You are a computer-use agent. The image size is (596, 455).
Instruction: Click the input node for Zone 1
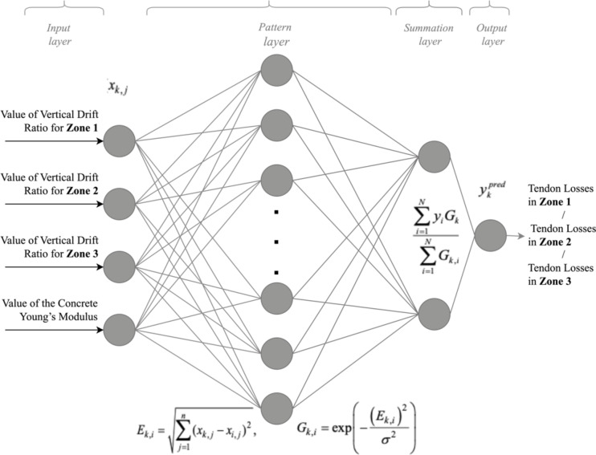pos(119,140)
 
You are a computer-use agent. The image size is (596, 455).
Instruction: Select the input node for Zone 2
pos(119,201)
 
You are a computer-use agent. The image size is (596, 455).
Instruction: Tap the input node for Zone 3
pos(119,265)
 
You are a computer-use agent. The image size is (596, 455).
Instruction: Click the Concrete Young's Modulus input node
pos(119,328)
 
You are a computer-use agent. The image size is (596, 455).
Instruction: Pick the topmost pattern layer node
pos(276,67)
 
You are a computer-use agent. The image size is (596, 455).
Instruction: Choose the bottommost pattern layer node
pos(276,408)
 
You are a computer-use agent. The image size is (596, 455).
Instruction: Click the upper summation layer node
pos(434,156)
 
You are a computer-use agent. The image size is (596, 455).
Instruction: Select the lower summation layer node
pos(434,311)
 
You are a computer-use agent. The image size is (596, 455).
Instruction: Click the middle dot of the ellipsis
pos(276,242)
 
